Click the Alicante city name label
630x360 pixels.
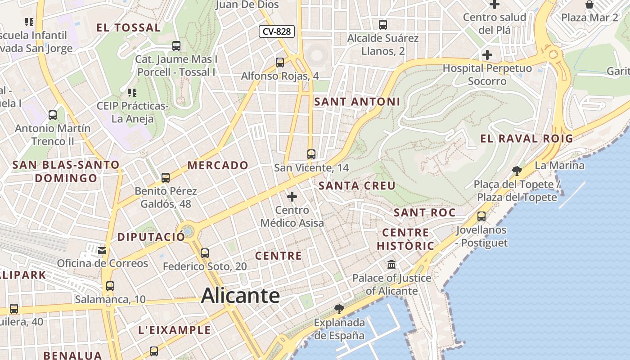pyautogui.click(x=240, y=296)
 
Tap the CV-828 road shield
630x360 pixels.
pyautogui.click(x=277, y=31)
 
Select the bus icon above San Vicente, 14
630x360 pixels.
pyautogui.click(x=311, y=154)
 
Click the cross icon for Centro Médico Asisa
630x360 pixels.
pyautogui.click(x=292, y=197)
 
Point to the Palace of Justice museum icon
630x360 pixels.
pyautogui.click(x=391, y=264)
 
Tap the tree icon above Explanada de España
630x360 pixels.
pyautogui.click(x=339, y=309)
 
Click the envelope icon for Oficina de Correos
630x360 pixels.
pyautogui.click(x=103, y=250)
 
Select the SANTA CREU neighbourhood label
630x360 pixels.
pyautogui.click(x=357, y=185)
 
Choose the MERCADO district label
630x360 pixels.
pyautogui.click(x=218, y=165)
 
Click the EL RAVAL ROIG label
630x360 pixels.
pyautogui.click(x=526, y=138)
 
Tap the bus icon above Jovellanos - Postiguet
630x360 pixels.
pyautogui.click(x=481, y=216)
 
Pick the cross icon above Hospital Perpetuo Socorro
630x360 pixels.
pyautogui.click(x=487, y=55)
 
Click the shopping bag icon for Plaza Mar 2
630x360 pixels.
pyautogui.click(x=589, y=5)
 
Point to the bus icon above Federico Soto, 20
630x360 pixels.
pyautogui.click(x=205, y=253)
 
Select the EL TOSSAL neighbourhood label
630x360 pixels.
pyautogui.click(x=129, y=27)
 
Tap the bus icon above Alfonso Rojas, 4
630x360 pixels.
pyautogui.click(x=280, y=63)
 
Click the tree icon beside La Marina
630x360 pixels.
pyautogui.click(x=517, y=170)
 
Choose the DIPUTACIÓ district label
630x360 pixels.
pyautogui.click(x=151, y=237)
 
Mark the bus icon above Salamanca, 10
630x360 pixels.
pyautogui.click(x=110, y=286)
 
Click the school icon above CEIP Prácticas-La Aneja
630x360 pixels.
pyautogui.click(x=132, y=93)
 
